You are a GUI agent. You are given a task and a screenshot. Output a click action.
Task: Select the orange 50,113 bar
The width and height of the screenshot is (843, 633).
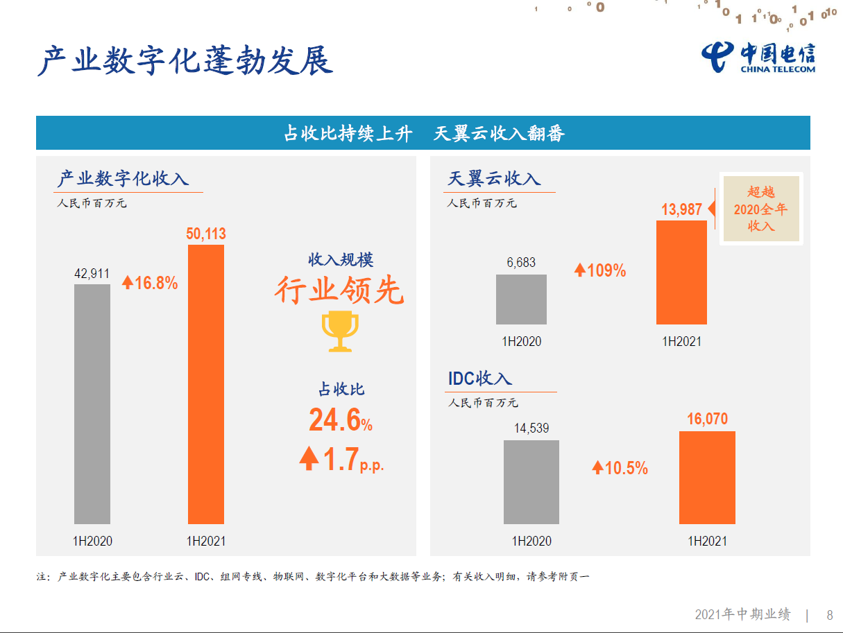(x=206, y=384)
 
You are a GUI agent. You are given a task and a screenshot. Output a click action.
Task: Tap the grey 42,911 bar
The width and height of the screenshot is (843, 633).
(x=92, y=404)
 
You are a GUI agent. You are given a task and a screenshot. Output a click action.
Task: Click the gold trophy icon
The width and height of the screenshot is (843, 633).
(x=340, y=331)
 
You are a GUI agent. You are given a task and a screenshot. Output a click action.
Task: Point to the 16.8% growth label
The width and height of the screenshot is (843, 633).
(x=150, y=282)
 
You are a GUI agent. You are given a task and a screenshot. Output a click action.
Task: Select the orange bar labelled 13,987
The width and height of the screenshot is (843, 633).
(x=681, y=272)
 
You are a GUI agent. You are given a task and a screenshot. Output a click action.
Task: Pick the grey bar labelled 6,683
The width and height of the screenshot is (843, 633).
(x=521, y=300)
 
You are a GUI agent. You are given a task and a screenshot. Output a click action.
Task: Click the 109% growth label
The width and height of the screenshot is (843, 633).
(x=600, y=270)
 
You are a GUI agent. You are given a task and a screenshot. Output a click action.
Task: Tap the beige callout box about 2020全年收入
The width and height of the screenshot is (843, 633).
(x=760, y=209)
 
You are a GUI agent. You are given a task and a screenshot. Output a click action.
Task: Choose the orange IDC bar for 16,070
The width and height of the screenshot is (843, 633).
(x=707, y=478)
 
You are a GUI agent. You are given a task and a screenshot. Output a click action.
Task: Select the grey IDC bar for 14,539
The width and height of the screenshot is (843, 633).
(x=531, y=482)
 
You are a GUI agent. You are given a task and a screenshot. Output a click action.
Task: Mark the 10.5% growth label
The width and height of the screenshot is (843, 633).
(x=620, y=468)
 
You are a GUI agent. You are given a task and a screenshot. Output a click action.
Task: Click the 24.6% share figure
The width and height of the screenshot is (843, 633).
(x=340, y=420)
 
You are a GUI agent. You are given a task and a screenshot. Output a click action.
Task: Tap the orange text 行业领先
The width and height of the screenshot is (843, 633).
(x=339, y=290)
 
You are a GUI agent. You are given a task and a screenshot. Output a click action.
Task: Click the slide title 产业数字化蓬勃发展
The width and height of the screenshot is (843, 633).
(x=185, y=61)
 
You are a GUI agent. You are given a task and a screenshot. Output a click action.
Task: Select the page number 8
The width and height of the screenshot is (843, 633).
(x=829, y=615)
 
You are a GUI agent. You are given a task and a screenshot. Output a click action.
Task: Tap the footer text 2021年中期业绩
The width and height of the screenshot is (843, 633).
(x=742, y=615)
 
